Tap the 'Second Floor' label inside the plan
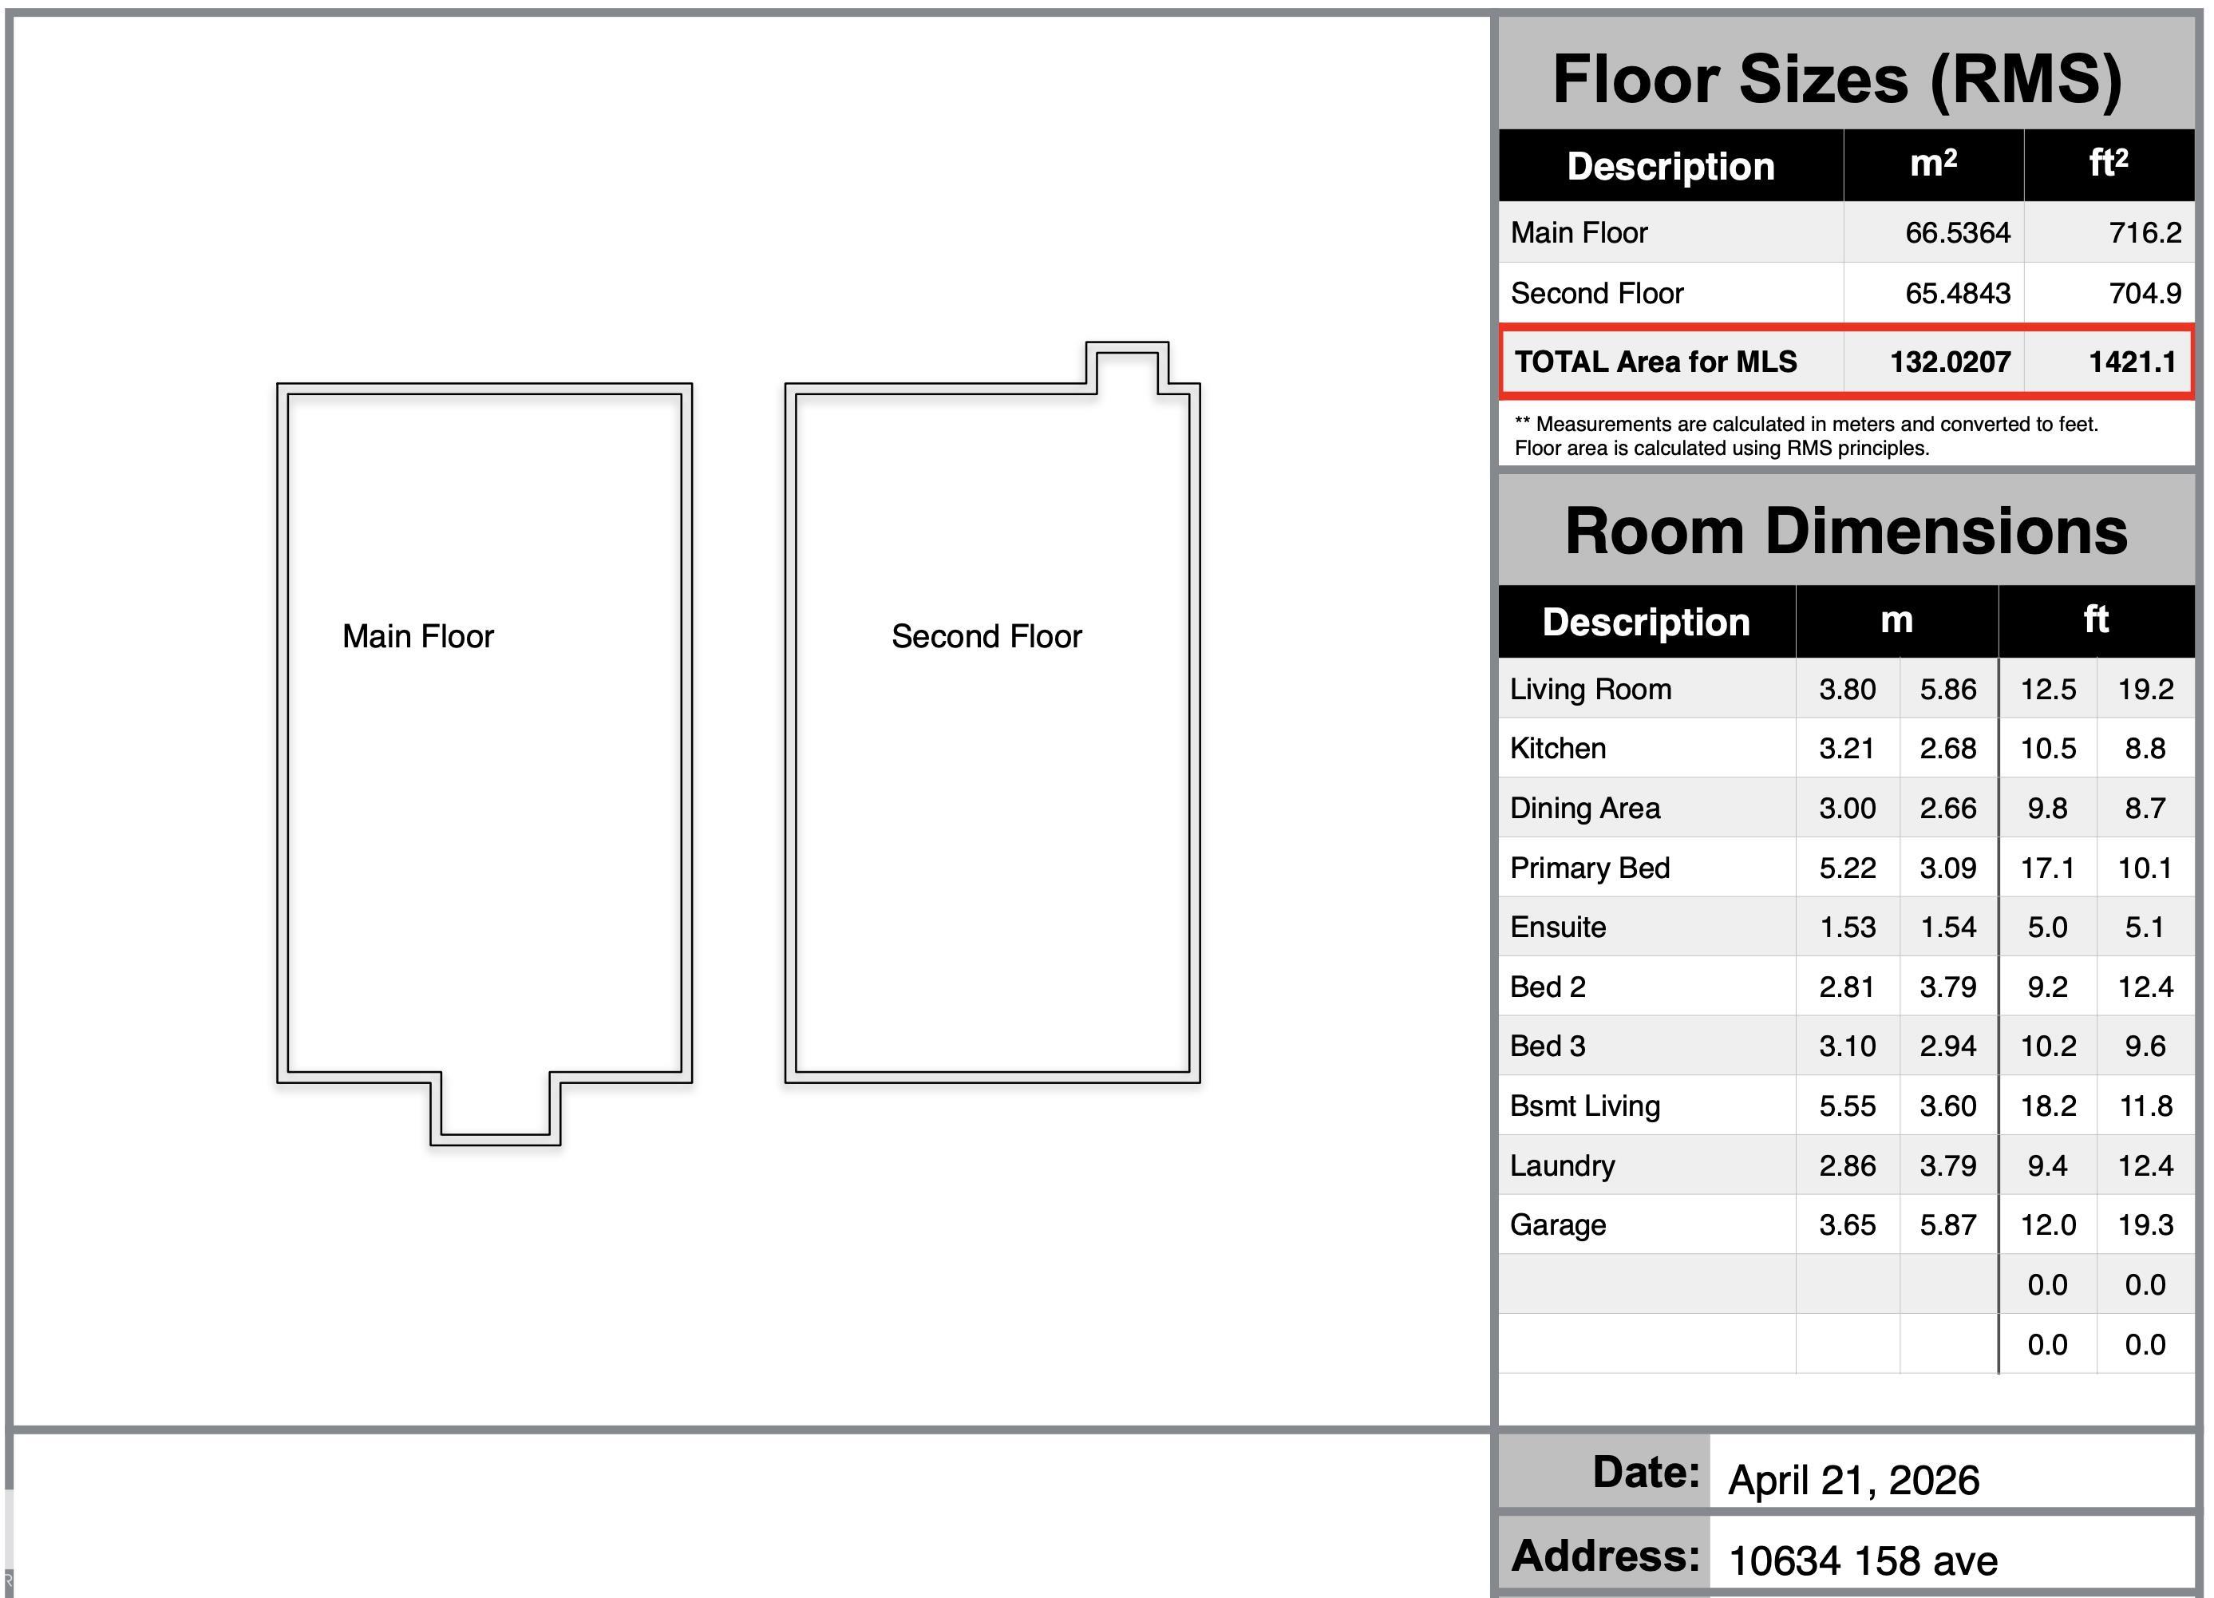[x=987, y=636]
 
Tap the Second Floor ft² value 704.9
[x=2145, y=293]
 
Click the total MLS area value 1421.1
[x=2132, y=362]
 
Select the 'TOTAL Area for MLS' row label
[x=1655, y=362]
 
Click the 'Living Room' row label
[x=1590, y=689]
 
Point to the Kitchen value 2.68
[x=1947, y=749]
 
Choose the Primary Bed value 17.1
[x=2047, y=868]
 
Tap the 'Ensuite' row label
[x=1558, y=928]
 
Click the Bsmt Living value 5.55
[x=1847, y=1106]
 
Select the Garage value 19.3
[x=2145, y=1225]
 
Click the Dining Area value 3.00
[x=1847, y=809]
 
